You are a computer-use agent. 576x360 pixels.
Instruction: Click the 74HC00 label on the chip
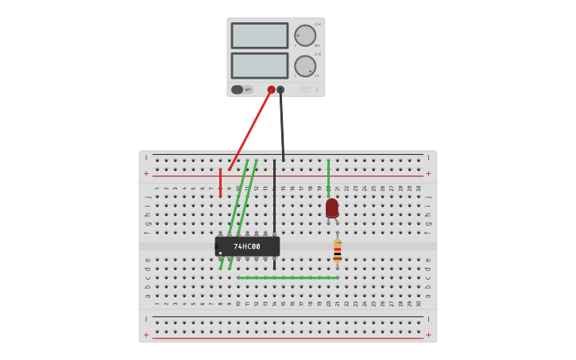tap(246, 246)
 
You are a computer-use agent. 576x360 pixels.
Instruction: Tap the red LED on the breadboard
tap(332, 208)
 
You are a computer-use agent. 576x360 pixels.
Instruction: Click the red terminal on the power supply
tap(271, 90)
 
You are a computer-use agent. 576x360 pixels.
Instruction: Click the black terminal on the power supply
tap(280, 90)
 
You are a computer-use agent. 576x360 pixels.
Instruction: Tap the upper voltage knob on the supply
tap(305, 36)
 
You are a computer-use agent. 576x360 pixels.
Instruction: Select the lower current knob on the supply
tap(305, 66)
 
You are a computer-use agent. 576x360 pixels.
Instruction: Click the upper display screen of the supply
tap(260, 36)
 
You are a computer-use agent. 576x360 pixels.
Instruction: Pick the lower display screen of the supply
tap(260, 65)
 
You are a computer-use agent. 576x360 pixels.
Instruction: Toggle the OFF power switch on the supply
tap(238, 90)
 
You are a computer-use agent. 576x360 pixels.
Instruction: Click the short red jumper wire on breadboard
tap(220, 183)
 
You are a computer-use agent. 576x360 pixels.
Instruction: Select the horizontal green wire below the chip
tap(288, 277)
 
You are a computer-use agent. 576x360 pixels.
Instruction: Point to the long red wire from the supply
tap(250, 130)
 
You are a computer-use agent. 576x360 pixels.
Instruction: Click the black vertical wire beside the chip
tap(274, 199)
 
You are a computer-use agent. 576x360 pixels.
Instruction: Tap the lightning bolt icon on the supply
tap(317, 90)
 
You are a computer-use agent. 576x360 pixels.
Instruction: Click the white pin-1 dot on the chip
tap(220, 253)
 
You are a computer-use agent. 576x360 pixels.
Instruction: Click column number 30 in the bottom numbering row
tap(419, 303)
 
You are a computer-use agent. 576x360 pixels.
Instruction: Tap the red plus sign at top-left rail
tap(146, 173)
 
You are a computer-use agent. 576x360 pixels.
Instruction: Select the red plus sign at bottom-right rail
tap(428, 335)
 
